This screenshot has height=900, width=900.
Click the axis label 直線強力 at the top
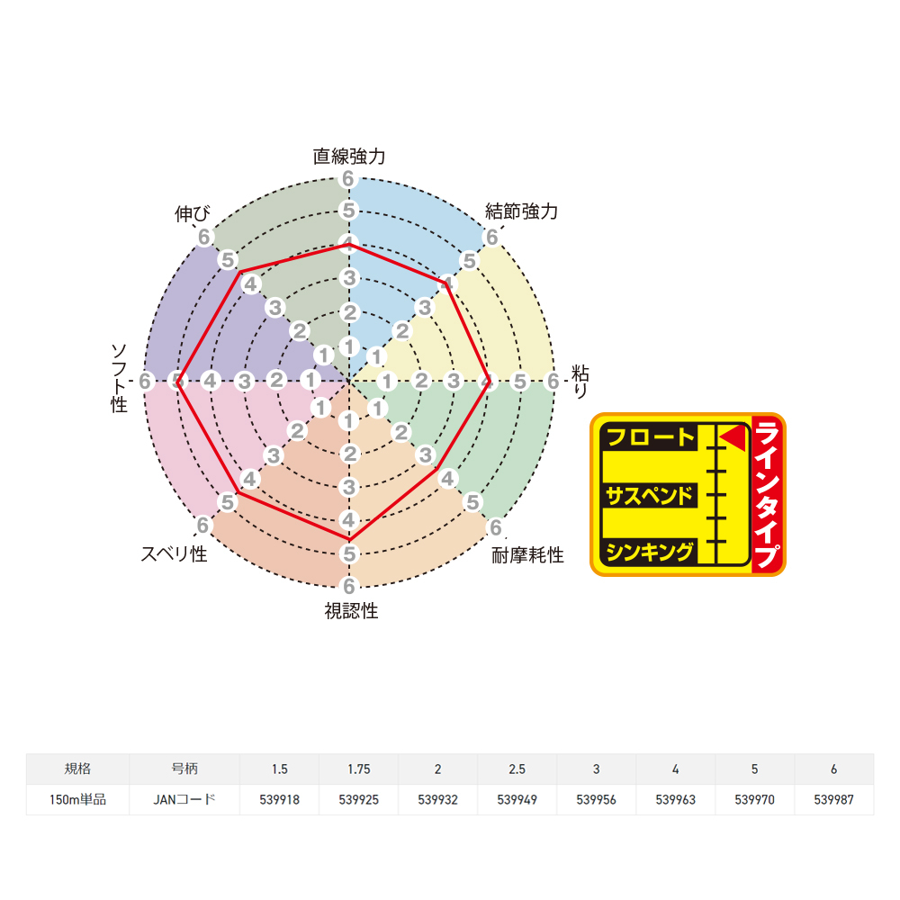click(349, 156)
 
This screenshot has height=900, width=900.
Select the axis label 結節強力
click(521, 211)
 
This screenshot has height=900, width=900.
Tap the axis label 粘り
click(580, 381)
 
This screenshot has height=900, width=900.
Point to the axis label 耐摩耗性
click(527, 555)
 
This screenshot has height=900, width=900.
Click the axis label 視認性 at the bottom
click(351, 611)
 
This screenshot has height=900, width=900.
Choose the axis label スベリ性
click(174, 553)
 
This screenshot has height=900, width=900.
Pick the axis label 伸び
click(193, 213)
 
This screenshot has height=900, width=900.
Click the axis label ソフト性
click(119, 378)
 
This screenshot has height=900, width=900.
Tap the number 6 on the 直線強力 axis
click(347, 179)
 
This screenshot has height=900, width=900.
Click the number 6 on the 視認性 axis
click(348, 586)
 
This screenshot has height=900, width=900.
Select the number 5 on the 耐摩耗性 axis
click(472, 502)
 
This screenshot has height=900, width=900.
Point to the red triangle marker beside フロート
click(733, 438)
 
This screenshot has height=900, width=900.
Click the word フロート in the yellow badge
click(650, 437)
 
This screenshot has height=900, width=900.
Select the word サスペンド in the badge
click(650, 496)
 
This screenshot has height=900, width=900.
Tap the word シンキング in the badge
click(650, 552)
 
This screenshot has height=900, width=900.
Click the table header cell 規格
click(77, 769)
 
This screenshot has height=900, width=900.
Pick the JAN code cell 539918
click(280, 799)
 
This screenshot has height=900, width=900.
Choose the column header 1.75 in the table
click(359, 769)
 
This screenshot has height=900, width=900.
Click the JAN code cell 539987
click(834, 799)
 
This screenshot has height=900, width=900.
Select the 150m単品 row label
click(77, 799)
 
